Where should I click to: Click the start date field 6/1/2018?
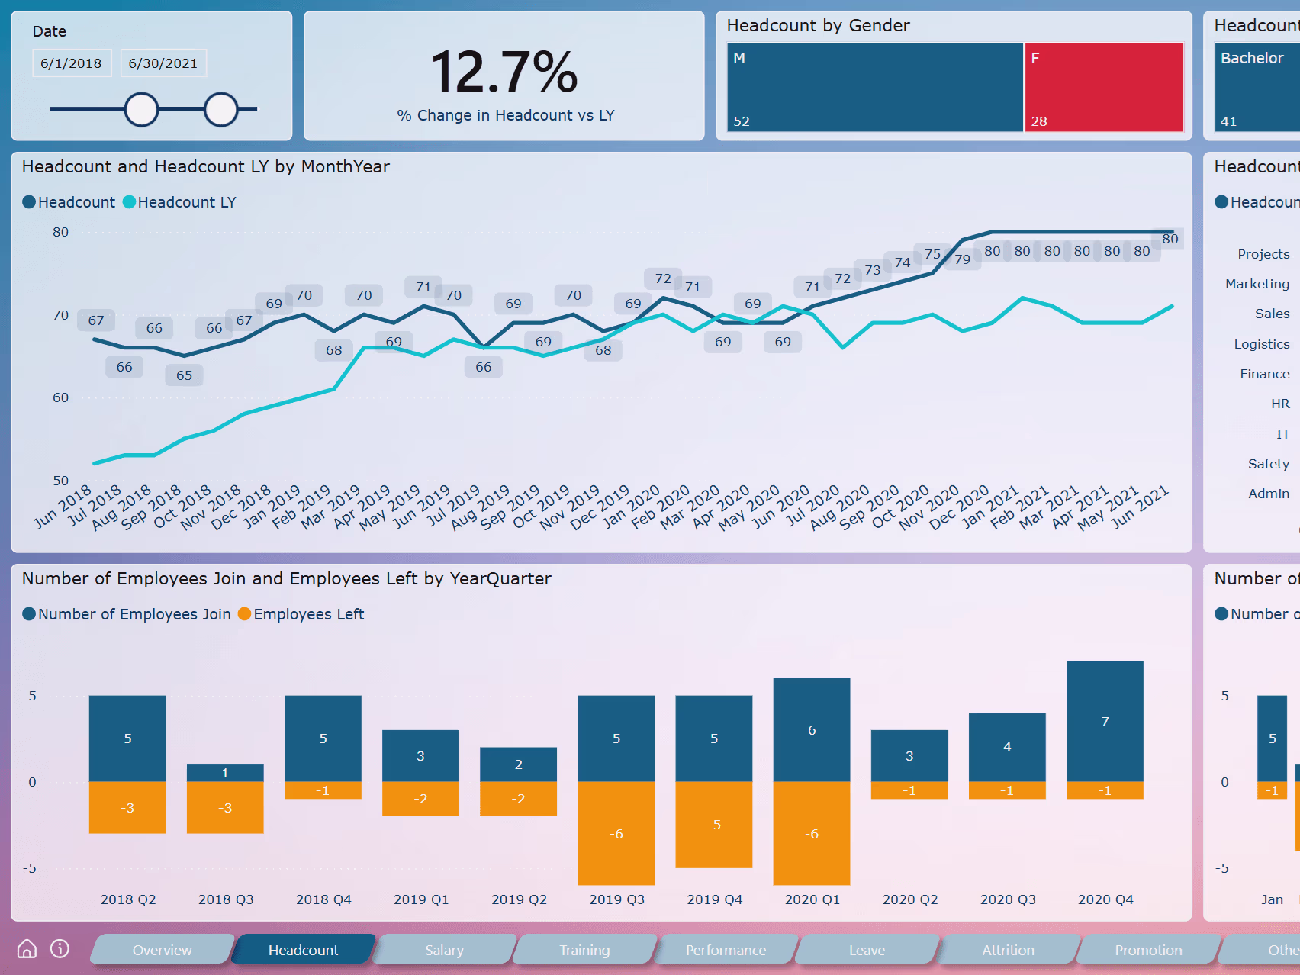pos(71,63)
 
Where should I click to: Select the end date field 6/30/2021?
pos(162,63)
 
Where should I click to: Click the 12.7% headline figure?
pos(504,72)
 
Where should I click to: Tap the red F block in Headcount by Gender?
pos(1103,87)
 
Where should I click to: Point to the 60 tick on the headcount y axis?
pos(60,397)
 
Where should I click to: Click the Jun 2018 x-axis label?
pos(63,507)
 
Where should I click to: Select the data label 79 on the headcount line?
pos(962,259)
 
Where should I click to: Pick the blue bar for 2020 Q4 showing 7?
pos(1105,721)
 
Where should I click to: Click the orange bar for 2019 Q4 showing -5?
pos(713,825)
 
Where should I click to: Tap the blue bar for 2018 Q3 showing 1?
pos(225,773)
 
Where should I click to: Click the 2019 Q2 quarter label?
pos(519,899)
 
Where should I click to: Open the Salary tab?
pos(444,950)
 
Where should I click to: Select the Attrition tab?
pos(1008,950)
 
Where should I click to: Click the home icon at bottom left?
pos(27,948)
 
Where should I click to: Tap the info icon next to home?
pos(60,948)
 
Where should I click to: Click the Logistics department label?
pos(1261,344)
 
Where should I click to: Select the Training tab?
pos(584,950)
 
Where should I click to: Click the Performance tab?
pos(726,950)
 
